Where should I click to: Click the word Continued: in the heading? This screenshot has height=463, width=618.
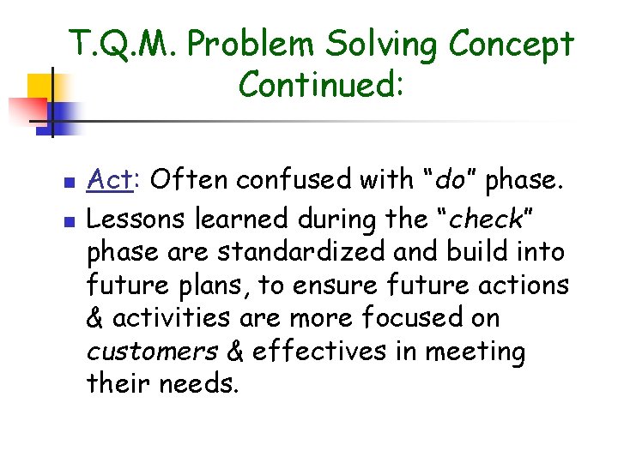point(320,84)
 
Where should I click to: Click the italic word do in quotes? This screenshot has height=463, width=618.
point(452,180)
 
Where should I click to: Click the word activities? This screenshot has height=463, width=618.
point(170,318)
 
